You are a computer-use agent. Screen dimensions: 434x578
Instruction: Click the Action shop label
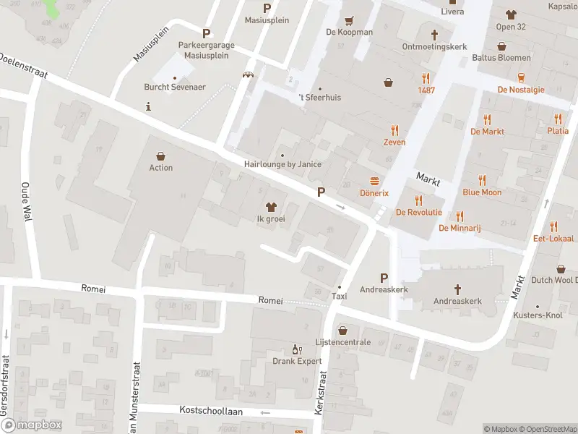click(160, 168)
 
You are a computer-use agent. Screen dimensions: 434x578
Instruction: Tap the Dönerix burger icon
click(374, 182)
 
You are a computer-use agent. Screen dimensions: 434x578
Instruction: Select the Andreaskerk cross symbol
click(457, 289)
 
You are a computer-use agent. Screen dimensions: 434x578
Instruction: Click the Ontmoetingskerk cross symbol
click(435, 34)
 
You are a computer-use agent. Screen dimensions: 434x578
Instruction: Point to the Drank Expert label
click(297, 361)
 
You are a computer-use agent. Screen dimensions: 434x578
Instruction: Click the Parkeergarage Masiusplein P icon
click(207, 33)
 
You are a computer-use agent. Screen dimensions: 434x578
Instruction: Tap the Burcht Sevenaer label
click(175, 88)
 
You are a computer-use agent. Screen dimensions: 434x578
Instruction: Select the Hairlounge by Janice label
click(282, 164)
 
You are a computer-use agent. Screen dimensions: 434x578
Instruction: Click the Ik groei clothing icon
click(272, 207)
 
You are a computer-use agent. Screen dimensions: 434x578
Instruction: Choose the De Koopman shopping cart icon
click(350, 20)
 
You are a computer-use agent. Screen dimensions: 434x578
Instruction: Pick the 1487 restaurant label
click(426, 90)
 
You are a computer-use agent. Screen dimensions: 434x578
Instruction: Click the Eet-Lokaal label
click(553, 238)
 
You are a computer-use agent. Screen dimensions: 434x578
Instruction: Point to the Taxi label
click(340, 297)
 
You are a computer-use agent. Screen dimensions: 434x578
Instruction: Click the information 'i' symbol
click(148, 106)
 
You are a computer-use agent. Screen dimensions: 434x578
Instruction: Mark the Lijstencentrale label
click(342, 342)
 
